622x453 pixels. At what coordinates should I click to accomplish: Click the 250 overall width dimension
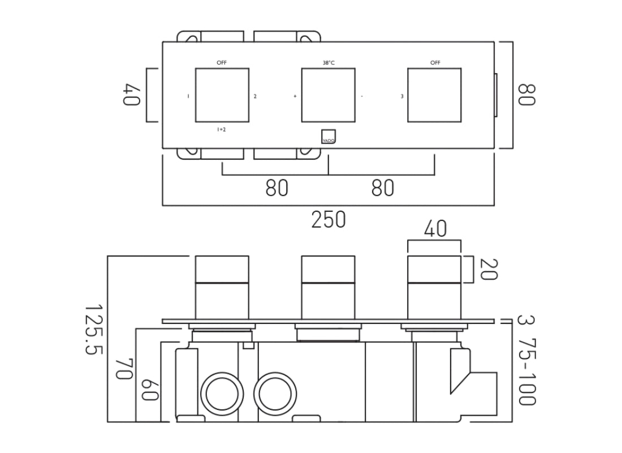coord(328,219)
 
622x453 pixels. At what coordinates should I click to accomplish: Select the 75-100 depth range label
coord(526,373)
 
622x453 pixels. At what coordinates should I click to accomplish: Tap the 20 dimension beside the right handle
coord(489,270)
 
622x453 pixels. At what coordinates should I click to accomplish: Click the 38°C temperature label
coord(329,63)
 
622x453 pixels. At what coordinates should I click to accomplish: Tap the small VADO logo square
coord(329,136)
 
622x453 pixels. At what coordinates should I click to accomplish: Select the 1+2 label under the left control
coord(222,130)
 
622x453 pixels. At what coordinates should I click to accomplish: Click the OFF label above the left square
coord(222,63)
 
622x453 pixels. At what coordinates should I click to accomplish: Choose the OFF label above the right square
coord(435,63)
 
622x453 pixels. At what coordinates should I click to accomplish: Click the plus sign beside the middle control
coord(295,96)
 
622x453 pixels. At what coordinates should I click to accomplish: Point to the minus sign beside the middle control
coord(362,96)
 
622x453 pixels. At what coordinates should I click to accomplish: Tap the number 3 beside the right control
coord(401,96)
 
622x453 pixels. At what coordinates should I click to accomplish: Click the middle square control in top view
coord(329,95)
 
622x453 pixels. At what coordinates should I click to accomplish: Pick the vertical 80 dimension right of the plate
coord(526,95)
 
